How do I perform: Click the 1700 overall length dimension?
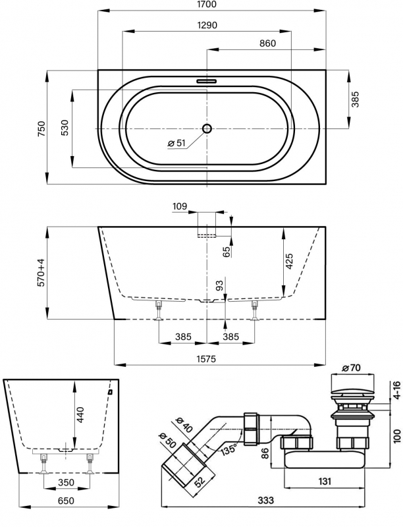[211, 6]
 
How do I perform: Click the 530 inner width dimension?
[65, 127]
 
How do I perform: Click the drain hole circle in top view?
[207, 128]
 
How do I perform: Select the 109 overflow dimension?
[180, 207]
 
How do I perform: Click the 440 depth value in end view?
[80, 414]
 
